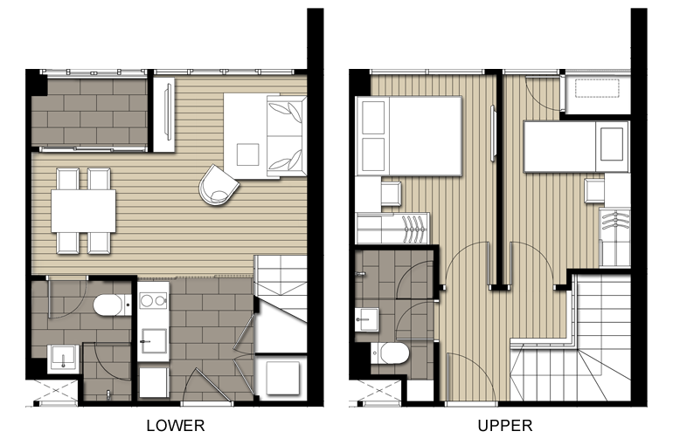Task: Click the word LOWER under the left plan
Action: pyautogui.click(x=176, y=426)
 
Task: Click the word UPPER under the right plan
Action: pyautogui.click(x=505, y=426)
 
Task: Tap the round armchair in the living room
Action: pyautogui.click(x=219, y=186)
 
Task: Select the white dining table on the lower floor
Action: pyautogui.click(x=83, y=211)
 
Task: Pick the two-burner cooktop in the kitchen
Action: pyautogui.click(x=153, y=301)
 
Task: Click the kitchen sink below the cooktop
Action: pyautogui.click(x=154, y=341)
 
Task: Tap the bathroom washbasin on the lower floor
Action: pyautogui.click(x=63, y=359)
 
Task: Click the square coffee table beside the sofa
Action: pyautogui.click(x=247, y=154)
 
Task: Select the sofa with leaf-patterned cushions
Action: pyautogui.click(x=287, y=136)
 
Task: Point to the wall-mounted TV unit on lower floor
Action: pyautogui.click(x=164, y=114)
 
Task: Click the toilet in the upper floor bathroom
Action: pyautogui.click(x=390, y=353)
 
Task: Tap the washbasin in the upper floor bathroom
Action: pyautogui.click(x=366, y=319)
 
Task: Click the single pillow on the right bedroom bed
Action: pyautogui.click(x=612, y=144)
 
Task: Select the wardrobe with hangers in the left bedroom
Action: pyautogui.click(x=393, y=229)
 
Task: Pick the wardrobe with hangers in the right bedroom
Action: pyautogui.click(x=614, y=237)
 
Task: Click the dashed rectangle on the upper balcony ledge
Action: pyautogui.click(x=598, y=89)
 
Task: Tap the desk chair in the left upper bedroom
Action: pyautogui.click(x=391, y=194)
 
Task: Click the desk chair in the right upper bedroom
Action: pyautogui.click(x=594, y=191)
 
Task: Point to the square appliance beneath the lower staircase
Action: pyautogui.click(x=282, y=378)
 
